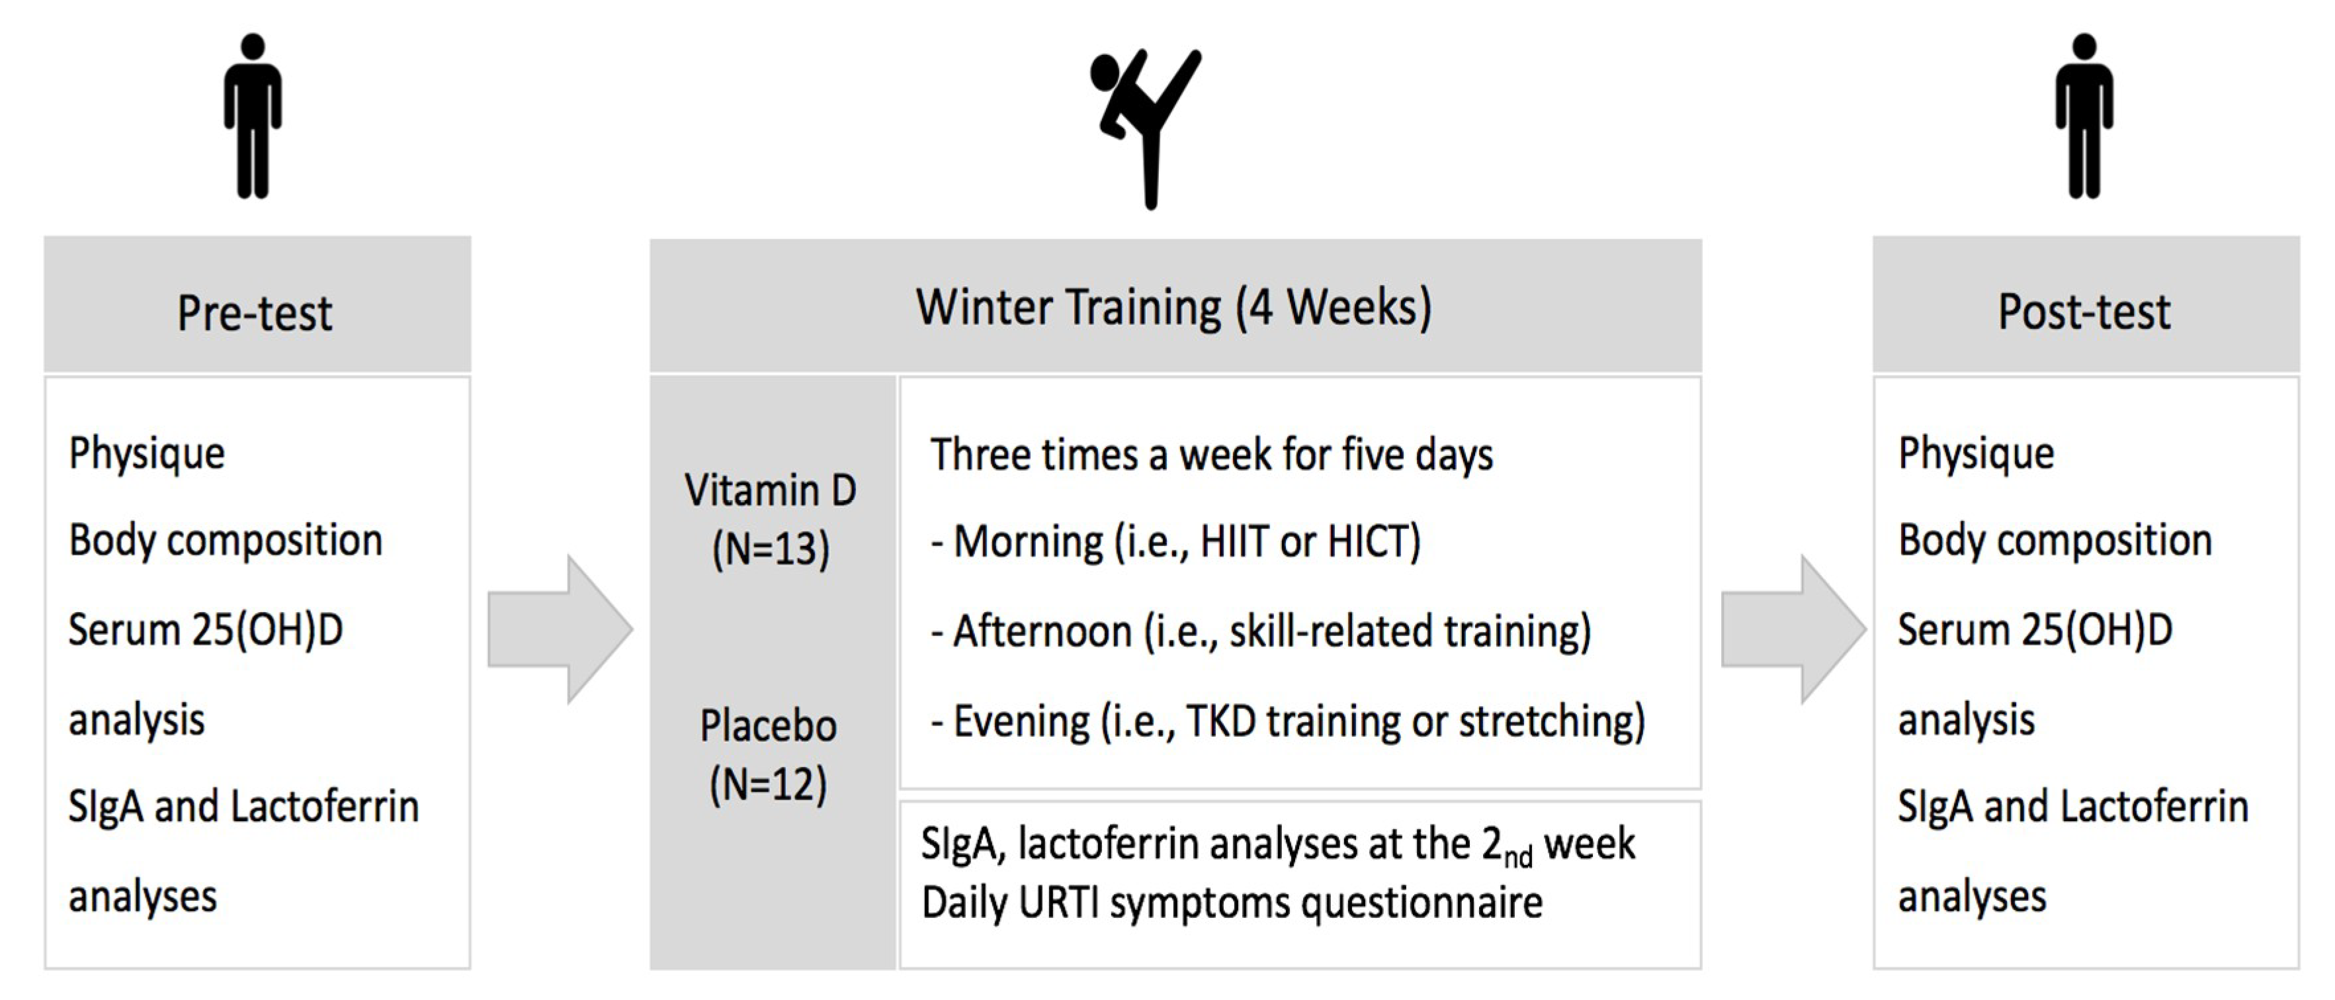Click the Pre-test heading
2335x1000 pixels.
point(255,313)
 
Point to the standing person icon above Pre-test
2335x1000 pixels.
point(253,116)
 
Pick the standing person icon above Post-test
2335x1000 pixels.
point(2084,116)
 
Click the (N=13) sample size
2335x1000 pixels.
point(771,549)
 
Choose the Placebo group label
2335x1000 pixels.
point(769,726)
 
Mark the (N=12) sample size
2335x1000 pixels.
point(769,784)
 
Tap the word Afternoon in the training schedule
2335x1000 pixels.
point(1042,631)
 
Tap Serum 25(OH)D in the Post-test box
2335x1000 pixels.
point(2035,630)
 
